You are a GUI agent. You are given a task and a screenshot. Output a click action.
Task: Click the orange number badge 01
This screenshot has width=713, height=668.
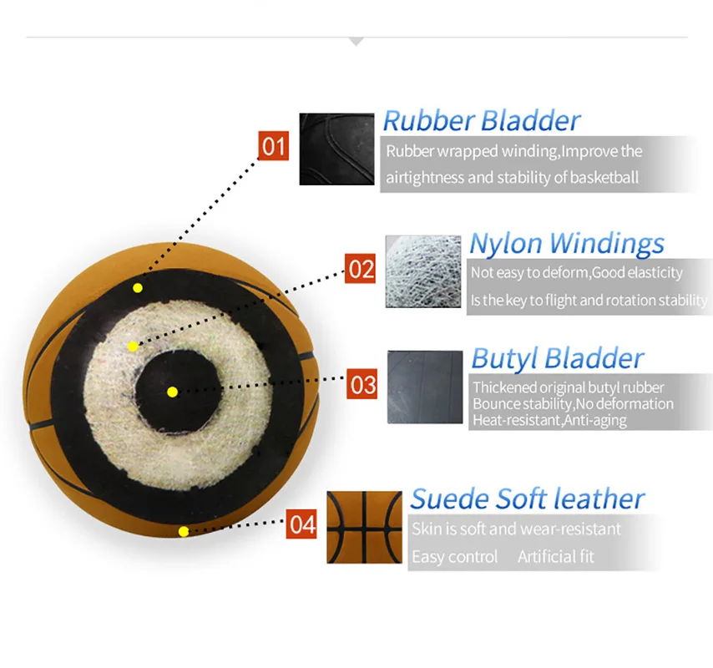click(272, 146)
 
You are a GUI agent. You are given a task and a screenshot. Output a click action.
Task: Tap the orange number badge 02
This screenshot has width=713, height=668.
click(361, 269)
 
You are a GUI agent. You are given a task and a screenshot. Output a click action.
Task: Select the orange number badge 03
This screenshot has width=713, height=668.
click(364, 385)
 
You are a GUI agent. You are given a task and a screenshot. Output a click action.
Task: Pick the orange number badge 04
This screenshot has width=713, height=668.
click(302, 524)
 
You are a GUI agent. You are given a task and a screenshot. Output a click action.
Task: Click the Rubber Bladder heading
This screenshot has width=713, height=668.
click(481, 120)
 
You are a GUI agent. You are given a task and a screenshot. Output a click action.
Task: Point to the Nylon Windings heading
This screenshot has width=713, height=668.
click(566, 243)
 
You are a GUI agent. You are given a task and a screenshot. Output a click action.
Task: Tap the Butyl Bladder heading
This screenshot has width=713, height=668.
click(557, 358)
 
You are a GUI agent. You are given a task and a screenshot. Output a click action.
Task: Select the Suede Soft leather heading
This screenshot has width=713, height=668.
click(527, 498)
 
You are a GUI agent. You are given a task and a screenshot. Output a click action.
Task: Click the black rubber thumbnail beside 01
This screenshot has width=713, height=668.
click(336, 149)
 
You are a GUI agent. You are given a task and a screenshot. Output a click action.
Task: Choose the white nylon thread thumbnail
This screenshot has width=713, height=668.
click(422, 271)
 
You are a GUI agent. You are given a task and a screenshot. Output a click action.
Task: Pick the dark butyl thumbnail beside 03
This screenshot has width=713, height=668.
click(425, 387)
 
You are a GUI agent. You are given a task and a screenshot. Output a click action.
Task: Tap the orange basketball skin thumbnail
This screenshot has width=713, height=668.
click(364, 528)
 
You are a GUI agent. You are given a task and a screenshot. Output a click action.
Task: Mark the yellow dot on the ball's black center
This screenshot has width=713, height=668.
click(172, 392)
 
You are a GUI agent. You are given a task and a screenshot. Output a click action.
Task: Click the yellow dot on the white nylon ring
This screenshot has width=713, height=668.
click(132, 346)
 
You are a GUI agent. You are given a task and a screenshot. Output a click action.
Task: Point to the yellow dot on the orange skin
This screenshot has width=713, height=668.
click(183, 530)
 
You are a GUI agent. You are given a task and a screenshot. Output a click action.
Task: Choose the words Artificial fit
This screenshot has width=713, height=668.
click(555, 556)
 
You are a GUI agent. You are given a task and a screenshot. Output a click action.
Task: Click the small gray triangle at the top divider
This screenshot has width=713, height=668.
click(356, 41)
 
